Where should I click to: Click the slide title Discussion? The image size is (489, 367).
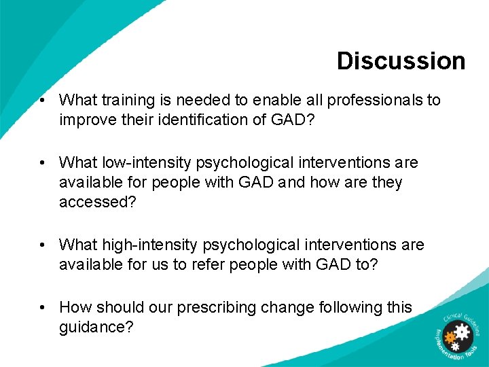[401, 60]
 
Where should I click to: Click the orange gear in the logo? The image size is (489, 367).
[449, 336]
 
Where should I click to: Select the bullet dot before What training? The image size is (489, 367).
[43, 101]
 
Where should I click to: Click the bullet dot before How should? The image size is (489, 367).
[43, 308]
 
